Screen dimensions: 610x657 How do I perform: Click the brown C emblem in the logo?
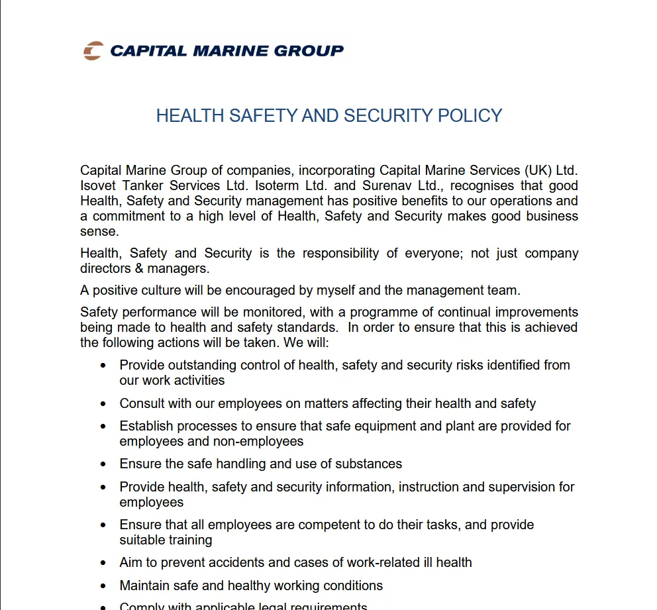click(93, 51)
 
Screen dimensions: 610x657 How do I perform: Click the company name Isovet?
click(99, 186)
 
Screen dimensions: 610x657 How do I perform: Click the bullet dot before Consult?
click(103, 404)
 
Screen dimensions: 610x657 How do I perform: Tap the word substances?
click(369, 464)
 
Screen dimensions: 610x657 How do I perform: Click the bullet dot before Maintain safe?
click(103, 586)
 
